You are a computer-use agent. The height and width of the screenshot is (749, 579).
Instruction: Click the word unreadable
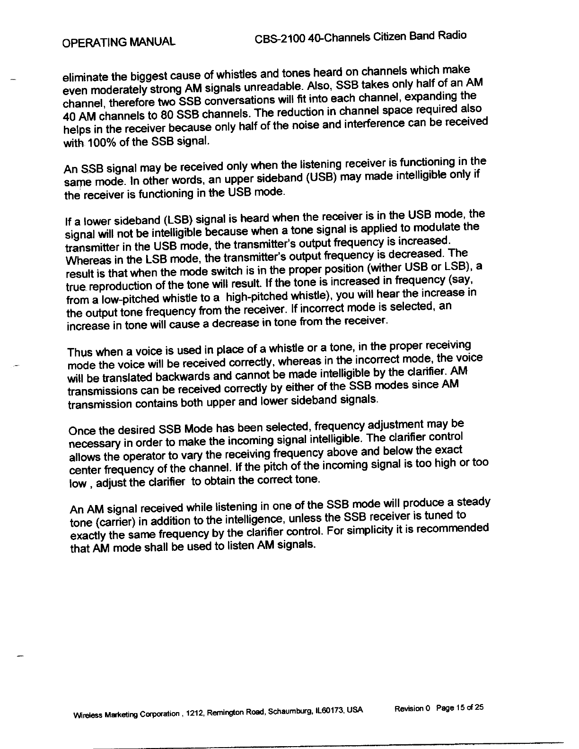click(273, 87)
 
